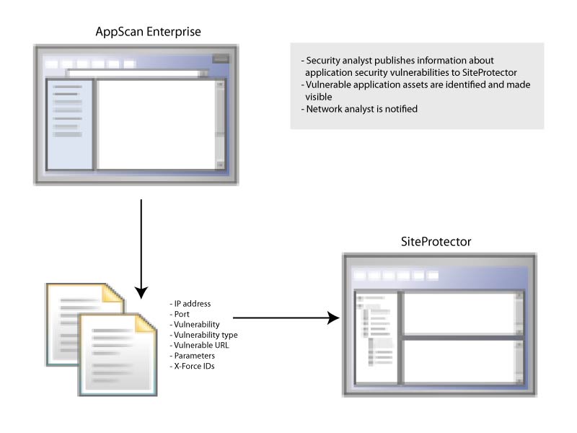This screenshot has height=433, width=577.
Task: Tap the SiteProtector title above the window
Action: tap(436, 242)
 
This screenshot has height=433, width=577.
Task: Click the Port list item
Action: tap(181, 315)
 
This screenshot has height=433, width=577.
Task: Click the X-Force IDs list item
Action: tap(194, 367)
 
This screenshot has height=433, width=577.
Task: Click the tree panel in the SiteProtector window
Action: tap(374, 336)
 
